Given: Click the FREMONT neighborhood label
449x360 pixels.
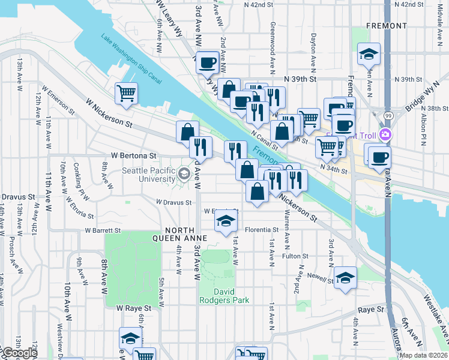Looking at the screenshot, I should coord(387,26).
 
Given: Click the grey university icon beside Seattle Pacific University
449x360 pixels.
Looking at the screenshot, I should coord(184,175).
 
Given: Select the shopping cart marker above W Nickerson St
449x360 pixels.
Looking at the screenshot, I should coord(126,92).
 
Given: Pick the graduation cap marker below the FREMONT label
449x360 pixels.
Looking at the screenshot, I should coord(369,54).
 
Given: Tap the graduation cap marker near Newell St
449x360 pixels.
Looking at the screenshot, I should coord(345,277).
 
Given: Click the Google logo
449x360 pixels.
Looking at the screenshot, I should coord(19,353).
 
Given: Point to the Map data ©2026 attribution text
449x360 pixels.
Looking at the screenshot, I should coord(423,355).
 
